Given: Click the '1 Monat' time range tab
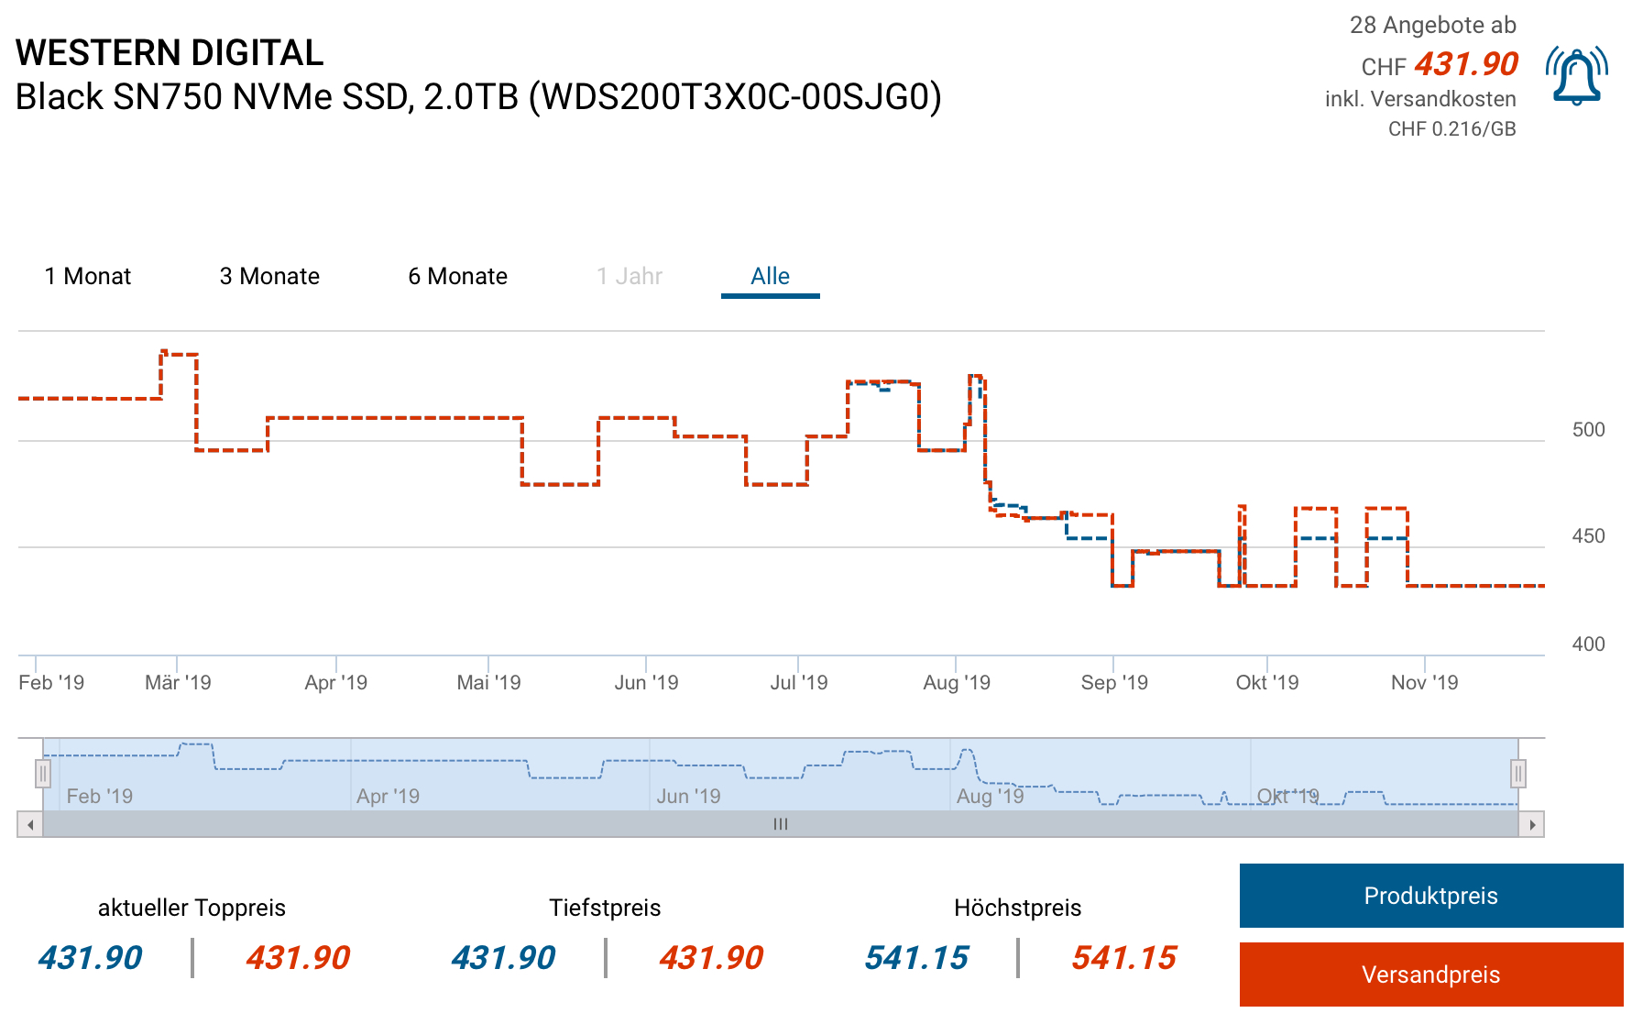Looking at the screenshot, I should coord(88,276).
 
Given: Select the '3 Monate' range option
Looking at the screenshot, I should coord(269,276).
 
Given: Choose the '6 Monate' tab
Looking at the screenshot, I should coord(457,276).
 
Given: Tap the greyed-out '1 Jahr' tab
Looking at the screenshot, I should coord(630,276).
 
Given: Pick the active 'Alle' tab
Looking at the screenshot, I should coord(770,276).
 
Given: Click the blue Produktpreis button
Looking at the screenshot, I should coord(1430,896).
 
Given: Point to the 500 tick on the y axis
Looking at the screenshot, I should coord(1588,430).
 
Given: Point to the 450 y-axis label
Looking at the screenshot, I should coord(1588,536).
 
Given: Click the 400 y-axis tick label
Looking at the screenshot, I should coord(1588,644).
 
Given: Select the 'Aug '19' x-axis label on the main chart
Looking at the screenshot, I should coord(957,682).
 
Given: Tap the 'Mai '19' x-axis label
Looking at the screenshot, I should coord(488,682).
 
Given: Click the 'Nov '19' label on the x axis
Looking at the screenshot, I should coord(1424,682).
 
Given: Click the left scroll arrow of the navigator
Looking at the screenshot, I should coord(30,824).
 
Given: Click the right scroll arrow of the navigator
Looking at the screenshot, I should coord(1531,824).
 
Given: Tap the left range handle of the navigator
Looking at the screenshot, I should coord(43,774).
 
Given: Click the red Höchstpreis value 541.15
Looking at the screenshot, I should coord(1123,958).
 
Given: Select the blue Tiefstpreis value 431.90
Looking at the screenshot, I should coord(503,958).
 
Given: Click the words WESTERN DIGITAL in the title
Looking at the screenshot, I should coord(170,53).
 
